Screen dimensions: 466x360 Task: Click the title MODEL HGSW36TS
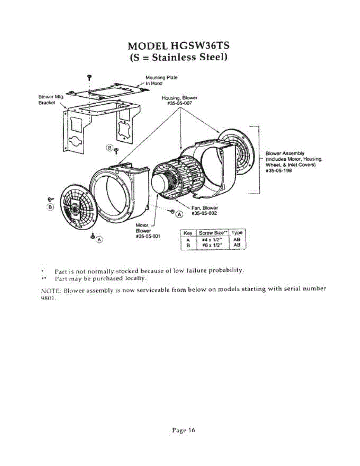click(178, 45)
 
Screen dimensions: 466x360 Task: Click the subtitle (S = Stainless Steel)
click(178, 58)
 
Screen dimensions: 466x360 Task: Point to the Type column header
click(237, 233)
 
